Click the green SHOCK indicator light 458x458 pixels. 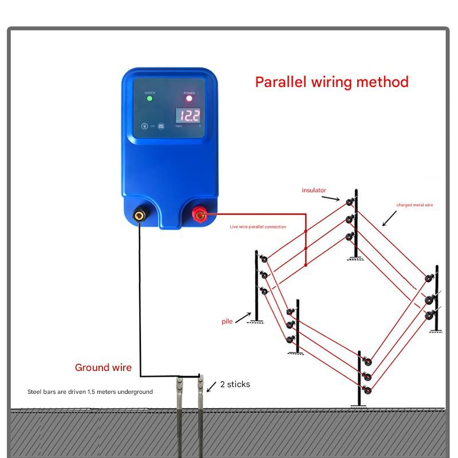[149, 98]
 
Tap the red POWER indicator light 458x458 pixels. [189, 98]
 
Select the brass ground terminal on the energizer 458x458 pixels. [139, 216]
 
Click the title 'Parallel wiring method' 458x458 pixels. [331, 82]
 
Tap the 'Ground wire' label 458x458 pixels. [103, 368]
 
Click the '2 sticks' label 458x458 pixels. [235, 384]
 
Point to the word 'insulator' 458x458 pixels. [314, 189]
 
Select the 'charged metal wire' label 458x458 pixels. [414, 205]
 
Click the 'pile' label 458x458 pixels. [227, 321]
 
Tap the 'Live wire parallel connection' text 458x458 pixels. [258, 227]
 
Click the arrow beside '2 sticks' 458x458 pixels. [211, 386]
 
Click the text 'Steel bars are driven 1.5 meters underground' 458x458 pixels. [90, 392]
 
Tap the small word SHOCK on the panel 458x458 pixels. [149, 93]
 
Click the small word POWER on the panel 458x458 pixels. [189, 93]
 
